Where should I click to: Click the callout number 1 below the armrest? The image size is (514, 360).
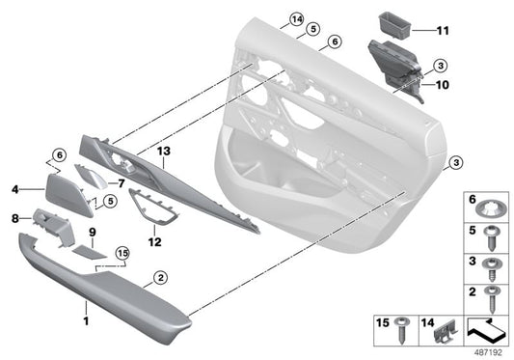point(85,318)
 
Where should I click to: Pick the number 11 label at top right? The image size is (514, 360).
point(446,31)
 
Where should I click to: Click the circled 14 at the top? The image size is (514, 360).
point(295,19)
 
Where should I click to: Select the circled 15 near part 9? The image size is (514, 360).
point(122,255)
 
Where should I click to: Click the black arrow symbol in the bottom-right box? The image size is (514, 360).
point(488,331)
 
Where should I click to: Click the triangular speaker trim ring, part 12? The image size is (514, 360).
point(148,205)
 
